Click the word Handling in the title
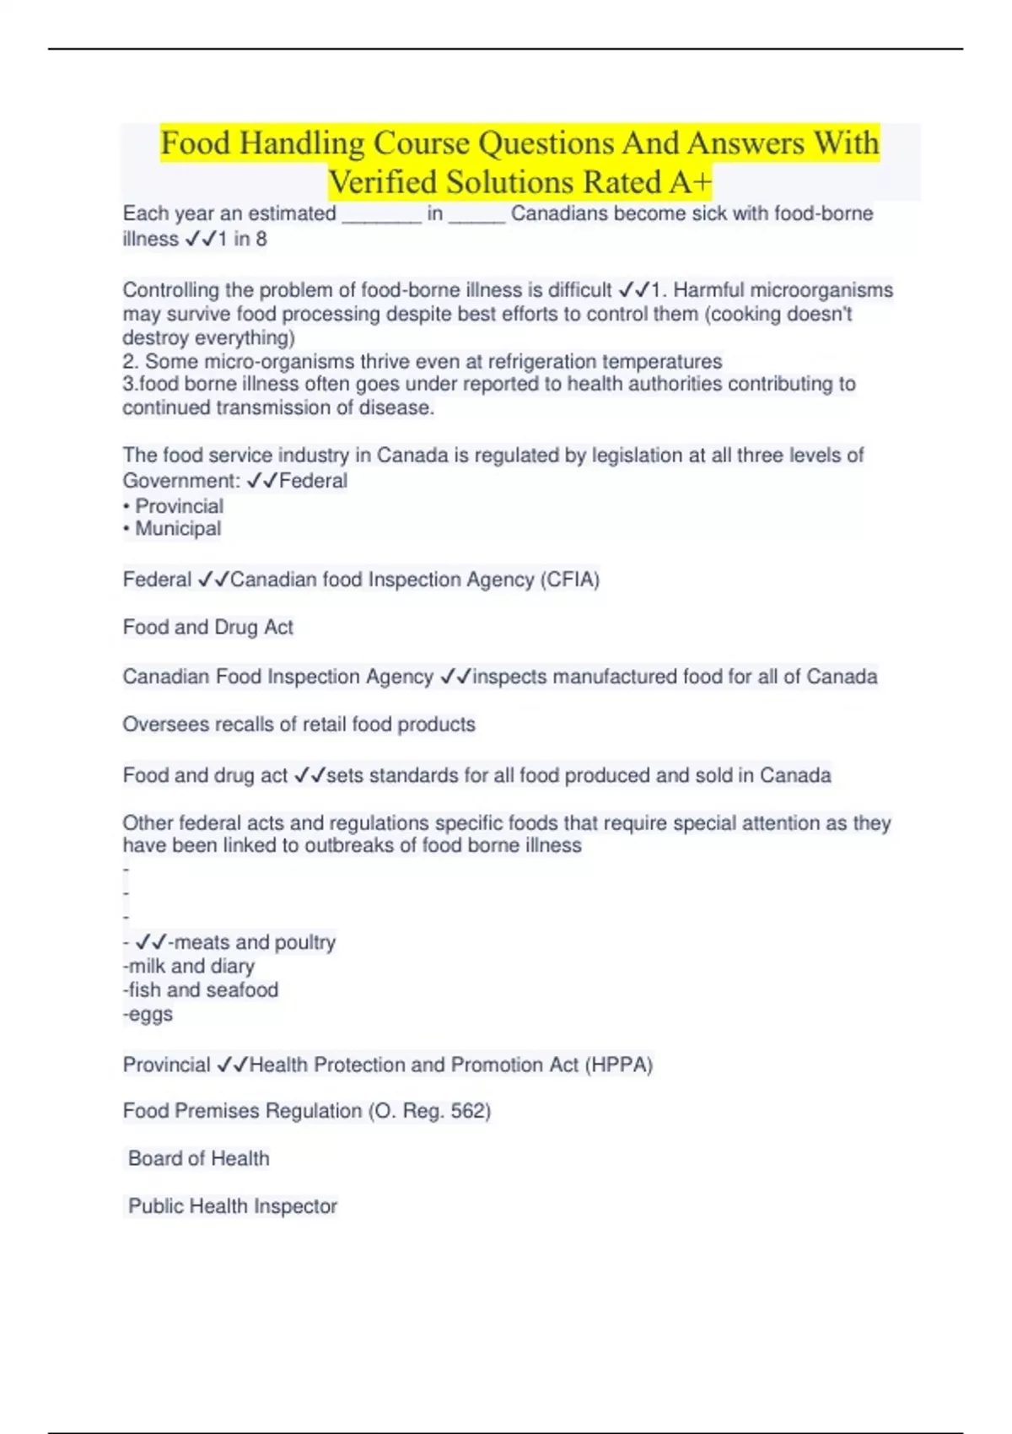point(301,143)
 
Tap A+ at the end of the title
point(691,182)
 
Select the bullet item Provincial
point(179,506)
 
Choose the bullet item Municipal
point(178,529)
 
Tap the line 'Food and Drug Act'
point(207,628)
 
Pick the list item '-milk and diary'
point(189,967)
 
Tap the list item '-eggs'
point(148,1014)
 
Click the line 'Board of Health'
point(199,1159)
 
